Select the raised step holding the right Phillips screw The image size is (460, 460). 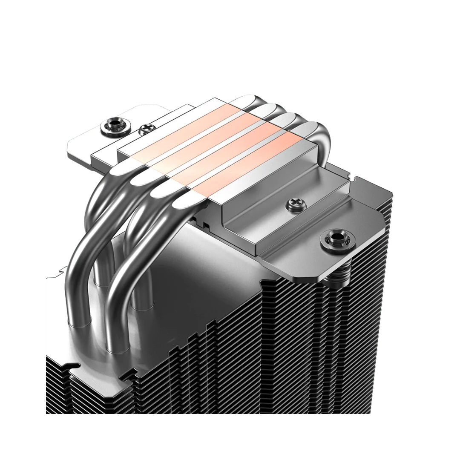281,209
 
